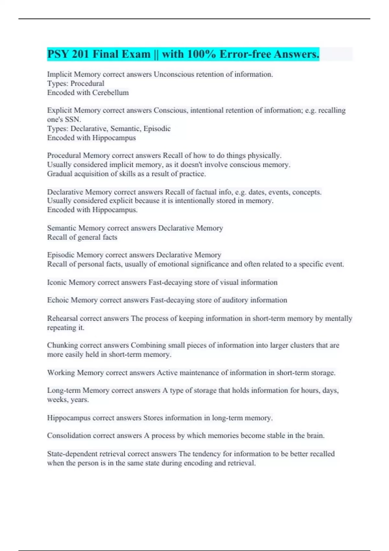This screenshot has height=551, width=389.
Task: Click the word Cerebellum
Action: (110, 93)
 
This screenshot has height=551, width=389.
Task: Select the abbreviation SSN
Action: (72, 120)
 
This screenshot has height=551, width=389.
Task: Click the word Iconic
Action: (57, 283)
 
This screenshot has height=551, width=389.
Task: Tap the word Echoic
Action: (58, 300)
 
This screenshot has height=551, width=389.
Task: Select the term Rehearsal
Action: (62, 319)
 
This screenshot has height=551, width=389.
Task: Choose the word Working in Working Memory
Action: (61, 373)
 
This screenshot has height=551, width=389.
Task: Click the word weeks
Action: (57, 400)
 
